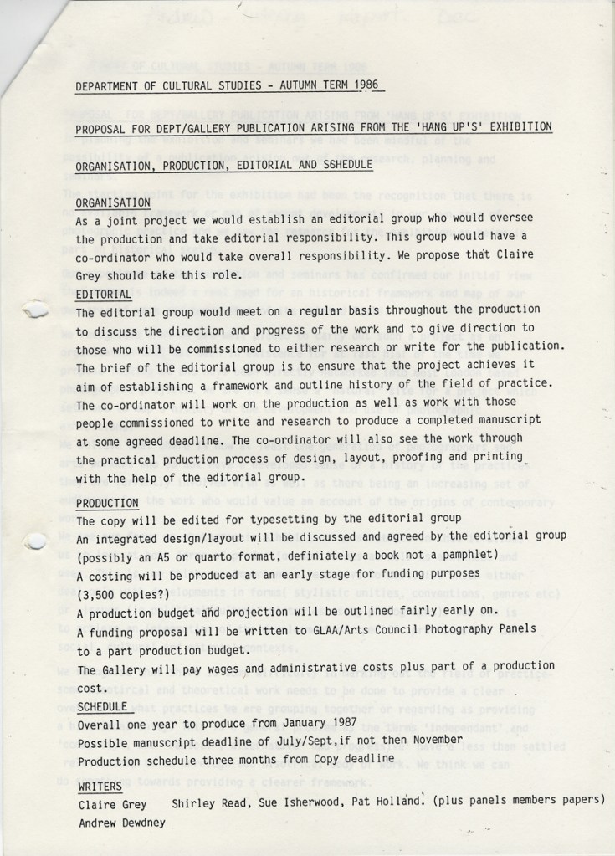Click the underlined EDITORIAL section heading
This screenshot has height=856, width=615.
(104, 295)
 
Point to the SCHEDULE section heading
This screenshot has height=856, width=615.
(102, 706)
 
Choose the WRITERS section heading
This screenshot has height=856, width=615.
(100, 787)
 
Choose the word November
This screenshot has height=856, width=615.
(431, 740)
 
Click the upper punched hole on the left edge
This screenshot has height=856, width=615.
(35, 311)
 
